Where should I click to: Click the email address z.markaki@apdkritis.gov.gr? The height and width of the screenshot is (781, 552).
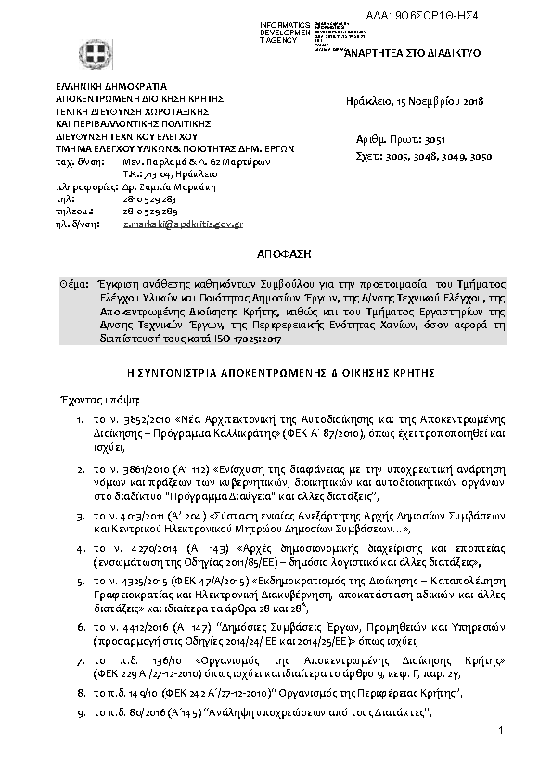coord(183,224)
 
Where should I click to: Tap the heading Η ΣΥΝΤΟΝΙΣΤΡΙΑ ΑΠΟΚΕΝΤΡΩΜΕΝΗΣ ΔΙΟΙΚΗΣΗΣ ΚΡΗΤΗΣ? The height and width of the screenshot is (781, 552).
coord(276,371)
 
